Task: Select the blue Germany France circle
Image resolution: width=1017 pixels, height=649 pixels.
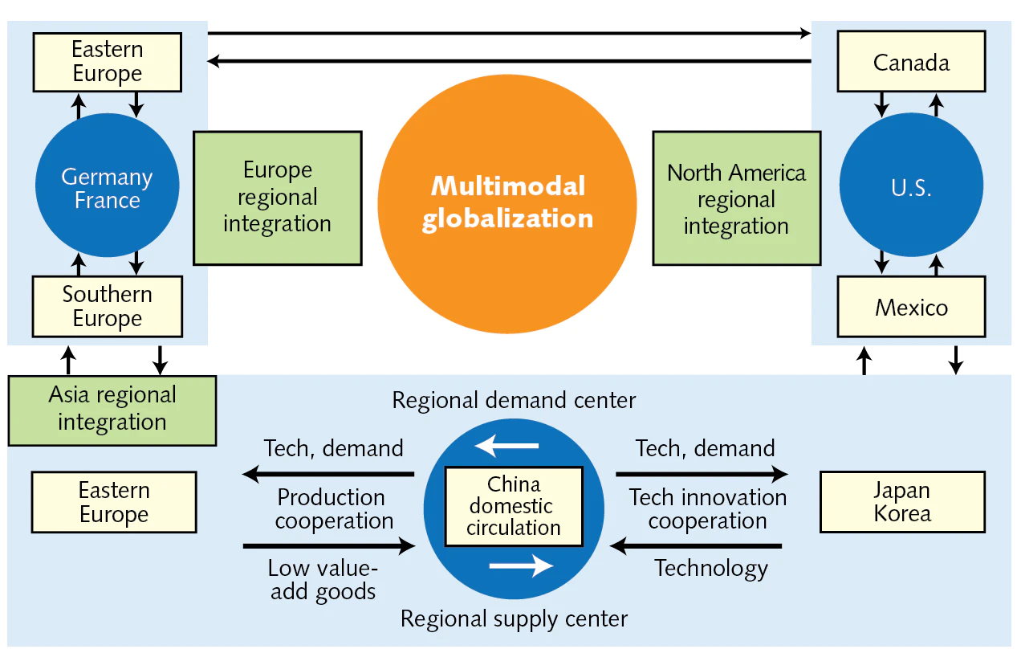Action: point(107,189)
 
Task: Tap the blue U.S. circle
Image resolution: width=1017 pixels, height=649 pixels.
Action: point(910,189)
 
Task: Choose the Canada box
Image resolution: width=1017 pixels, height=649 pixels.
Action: point(911,62)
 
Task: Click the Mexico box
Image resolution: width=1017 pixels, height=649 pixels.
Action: point(911,307)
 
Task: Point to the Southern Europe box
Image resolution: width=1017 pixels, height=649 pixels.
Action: point(107,306)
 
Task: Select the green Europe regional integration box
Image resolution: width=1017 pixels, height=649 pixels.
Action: point(277,198)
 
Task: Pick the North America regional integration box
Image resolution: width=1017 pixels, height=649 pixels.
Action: point(736,198)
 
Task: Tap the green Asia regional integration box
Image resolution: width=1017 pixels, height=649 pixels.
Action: point(112,410)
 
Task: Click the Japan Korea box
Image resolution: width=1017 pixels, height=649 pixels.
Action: point(902,502)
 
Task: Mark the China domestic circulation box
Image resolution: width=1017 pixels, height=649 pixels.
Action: point(514,507)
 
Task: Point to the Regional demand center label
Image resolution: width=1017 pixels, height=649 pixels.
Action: point(514,400)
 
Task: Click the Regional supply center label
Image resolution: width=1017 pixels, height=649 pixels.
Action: point(514,618)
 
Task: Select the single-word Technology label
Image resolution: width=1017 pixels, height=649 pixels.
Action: point(711,569)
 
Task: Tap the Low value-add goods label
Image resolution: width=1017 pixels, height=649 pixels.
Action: point(323,580)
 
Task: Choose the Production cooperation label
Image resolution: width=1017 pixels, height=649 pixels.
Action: point(334,509)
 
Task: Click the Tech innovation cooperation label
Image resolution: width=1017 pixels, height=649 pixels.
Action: point(707,509)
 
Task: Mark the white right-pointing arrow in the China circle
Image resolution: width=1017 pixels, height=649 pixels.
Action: point(521,566)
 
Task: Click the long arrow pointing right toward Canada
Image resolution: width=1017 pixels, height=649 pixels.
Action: point(509,34)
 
